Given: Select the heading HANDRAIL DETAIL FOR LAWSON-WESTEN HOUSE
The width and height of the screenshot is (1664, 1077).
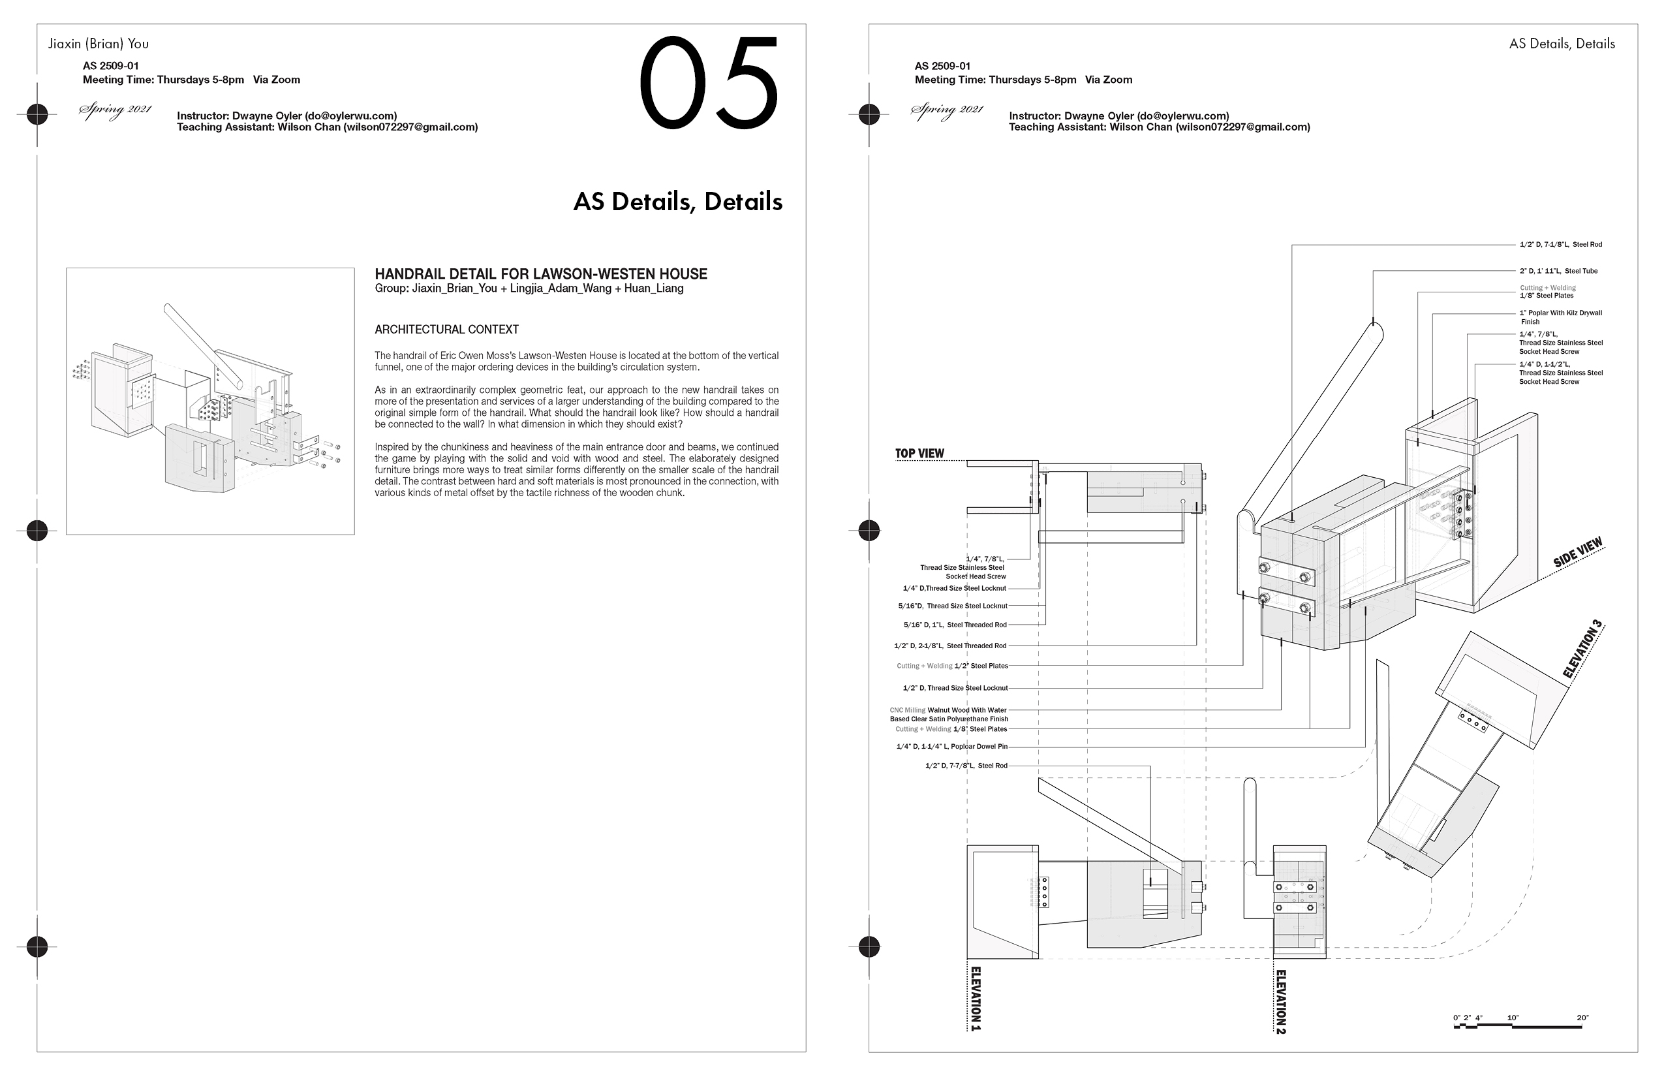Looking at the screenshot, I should click(x=540, y=274).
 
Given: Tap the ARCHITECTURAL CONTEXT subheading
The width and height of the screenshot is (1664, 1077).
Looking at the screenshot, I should click(x=446, y=330).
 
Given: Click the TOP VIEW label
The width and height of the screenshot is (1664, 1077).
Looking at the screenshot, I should click(x=919, y=453).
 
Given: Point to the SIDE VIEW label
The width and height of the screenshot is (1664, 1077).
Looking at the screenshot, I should click(x=1577, y=552).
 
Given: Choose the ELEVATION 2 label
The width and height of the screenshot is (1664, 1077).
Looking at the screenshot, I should click(x=1280, y=1001).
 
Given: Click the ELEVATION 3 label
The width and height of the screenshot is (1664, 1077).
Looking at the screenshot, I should click(x=1582, y=649).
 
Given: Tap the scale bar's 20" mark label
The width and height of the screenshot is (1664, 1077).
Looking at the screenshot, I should click(x=1582, y=1018).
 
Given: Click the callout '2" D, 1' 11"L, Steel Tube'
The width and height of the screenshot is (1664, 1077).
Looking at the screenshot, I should click(x=1558, y=271).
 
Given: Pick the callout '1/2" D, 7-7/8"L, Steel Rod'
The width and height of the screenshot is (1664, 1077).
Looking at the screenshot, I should click(x=966, y=766).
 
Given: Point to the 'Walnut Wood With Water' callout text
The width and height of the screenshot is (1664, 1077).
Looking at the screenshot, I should click(x=966, y=710).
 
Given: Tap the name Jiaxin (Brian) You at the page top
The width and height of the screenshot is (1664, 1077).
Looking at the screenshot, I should click(x=98, y=43).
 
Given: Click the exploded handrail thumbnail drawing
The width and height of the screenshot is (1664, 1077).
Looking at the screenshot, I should click(x=209, y=401).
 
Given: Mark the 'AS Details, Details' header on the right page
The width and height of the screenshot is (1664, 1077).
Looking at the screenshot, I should click(x=1561, y=43).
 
